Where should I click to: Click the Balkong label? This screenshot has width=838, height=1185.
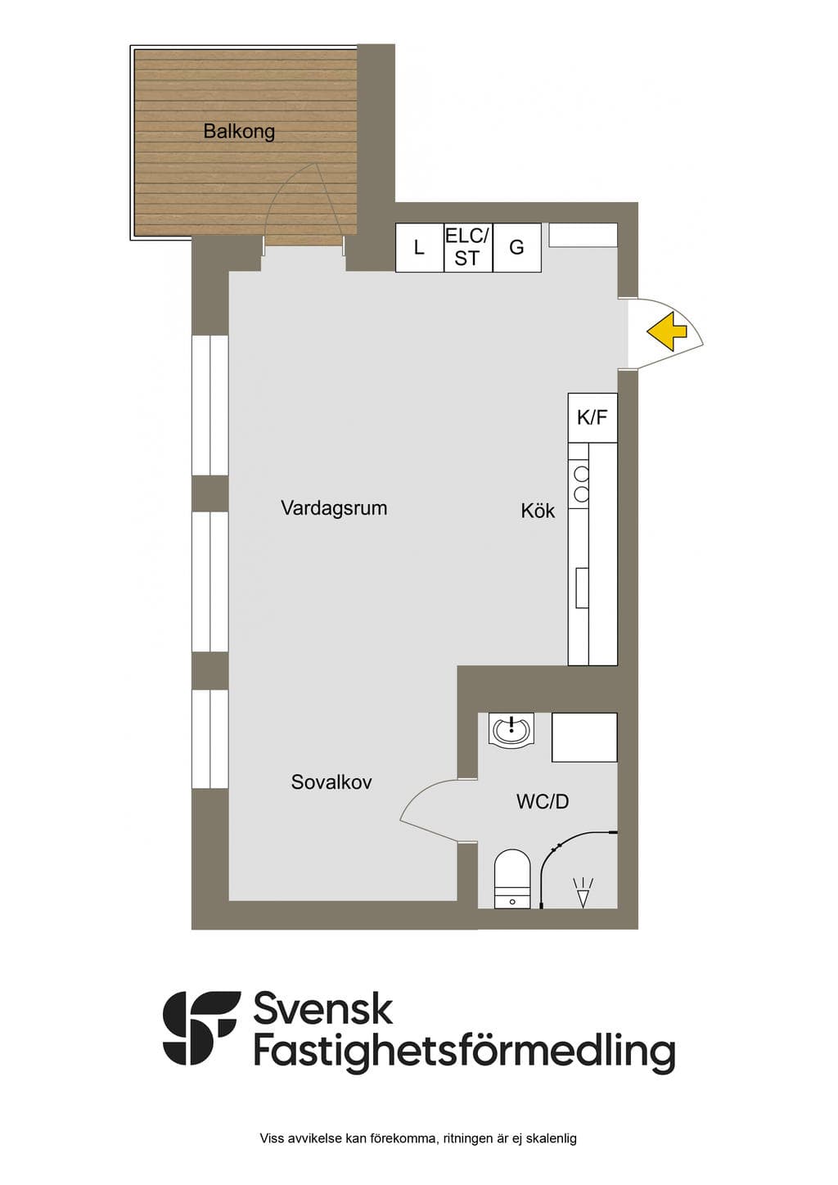[x=239, y=131]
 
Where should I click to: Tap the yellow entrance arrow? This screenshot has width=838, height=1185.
[x=667, y=331]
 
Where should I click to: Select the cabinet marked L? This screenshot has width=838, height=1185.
[x=420, y=248]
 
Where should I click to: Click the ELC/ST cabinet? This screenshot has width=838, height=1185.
[x=468, y=248]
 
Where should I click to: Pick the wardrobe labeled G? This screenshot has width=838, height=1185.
[x=517, y=248]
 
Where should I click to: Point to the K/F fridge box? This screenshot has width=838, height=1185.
[x=592, y=417]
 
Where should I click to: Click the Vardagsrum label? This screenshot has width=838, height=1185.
[x=334, y=508]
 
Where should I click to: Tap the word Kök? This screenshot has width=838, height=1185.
[x=538, y=511]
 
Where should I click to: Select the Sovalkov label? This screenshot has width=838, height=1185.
[x=331, y=782]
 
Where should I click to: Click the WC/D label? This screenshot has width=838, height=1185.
[x=543, y=801]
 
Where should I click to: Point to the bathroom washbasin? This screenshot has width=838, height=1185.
[x=511, y=729]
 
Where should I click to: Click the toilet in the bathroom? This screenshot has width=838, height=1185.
[x=512, y=879]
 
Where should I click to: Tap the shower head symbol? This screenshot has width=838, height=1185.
[x=583, y=893]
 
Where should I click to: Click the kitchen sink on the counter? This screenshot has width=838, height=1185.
[x=582, y=588]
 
